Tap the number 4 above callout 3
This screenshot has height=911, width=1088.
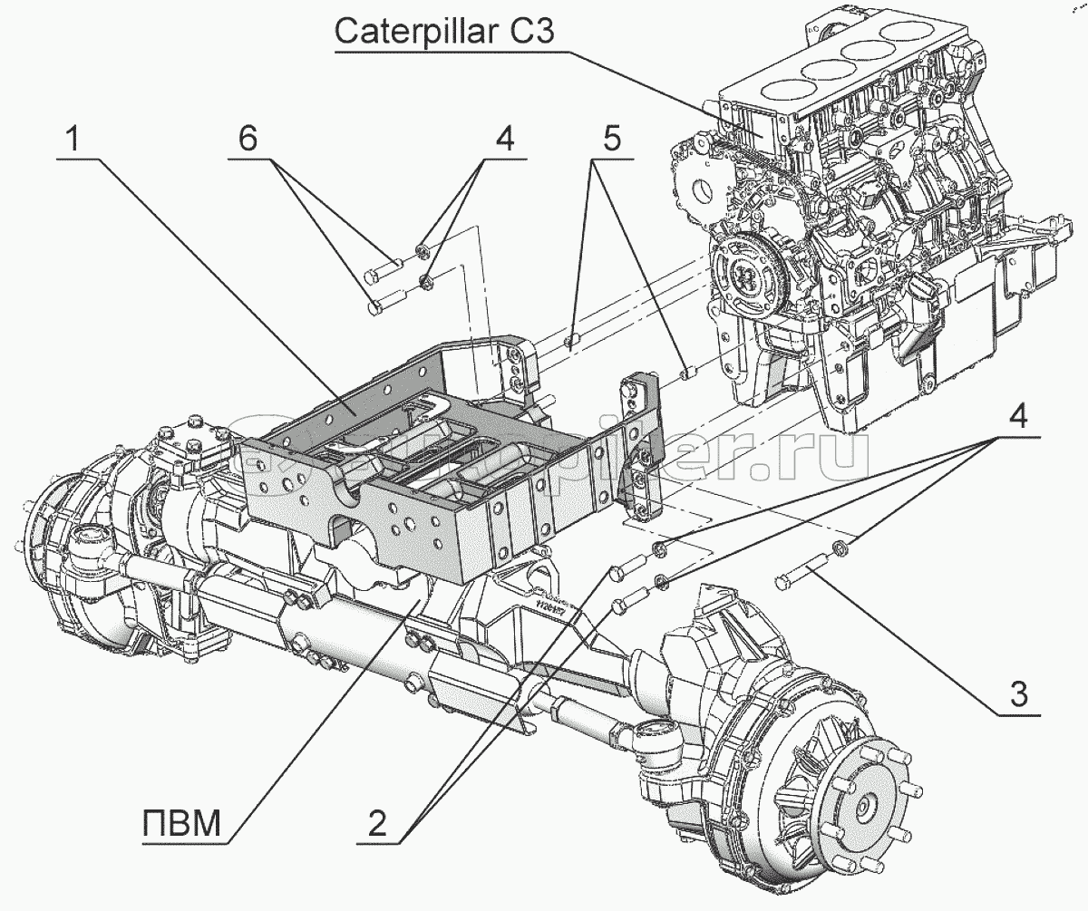[1018, 418]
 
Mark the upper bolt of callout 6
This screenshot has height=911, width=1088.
[384, 267]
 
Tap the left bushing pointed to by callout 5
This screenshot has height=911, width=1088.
[572, 341]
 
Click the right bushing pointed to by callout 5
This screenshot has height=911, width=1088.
[687, 372]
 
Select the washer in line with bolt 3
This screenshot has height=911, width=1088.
[840, 548]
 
